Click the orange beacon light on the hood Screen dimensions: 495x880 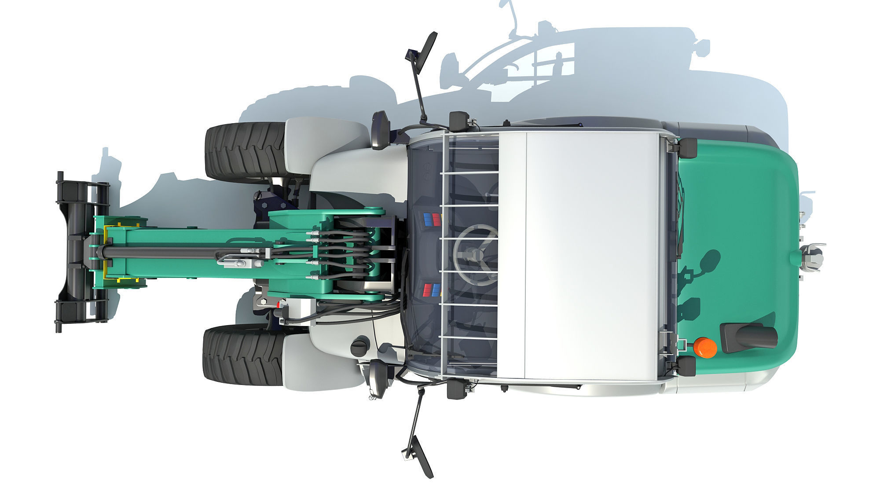[x=705, y=347]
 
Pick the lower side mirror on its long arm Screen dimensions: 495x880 [x=418, y=458]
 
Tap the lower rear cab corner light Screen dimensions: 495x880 [x=686, y=366]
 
